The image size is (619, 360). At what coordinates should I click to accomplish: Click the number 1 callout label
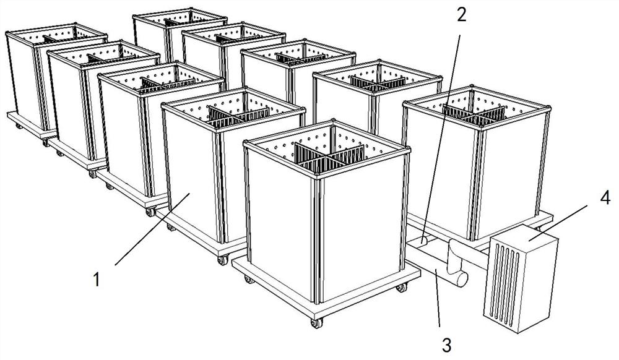97,280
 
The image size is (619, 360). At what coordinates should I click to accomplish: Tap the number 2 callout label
461,15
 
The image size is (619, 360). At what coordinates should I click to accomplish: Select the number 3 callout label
446,345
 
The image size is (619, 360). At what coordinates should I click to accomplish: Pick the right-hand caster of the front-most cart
401,288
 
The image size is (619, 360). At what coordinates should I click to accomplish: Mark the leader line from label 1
152,229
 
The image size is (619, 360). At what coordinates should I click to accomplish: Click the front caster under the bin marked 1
223,260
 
